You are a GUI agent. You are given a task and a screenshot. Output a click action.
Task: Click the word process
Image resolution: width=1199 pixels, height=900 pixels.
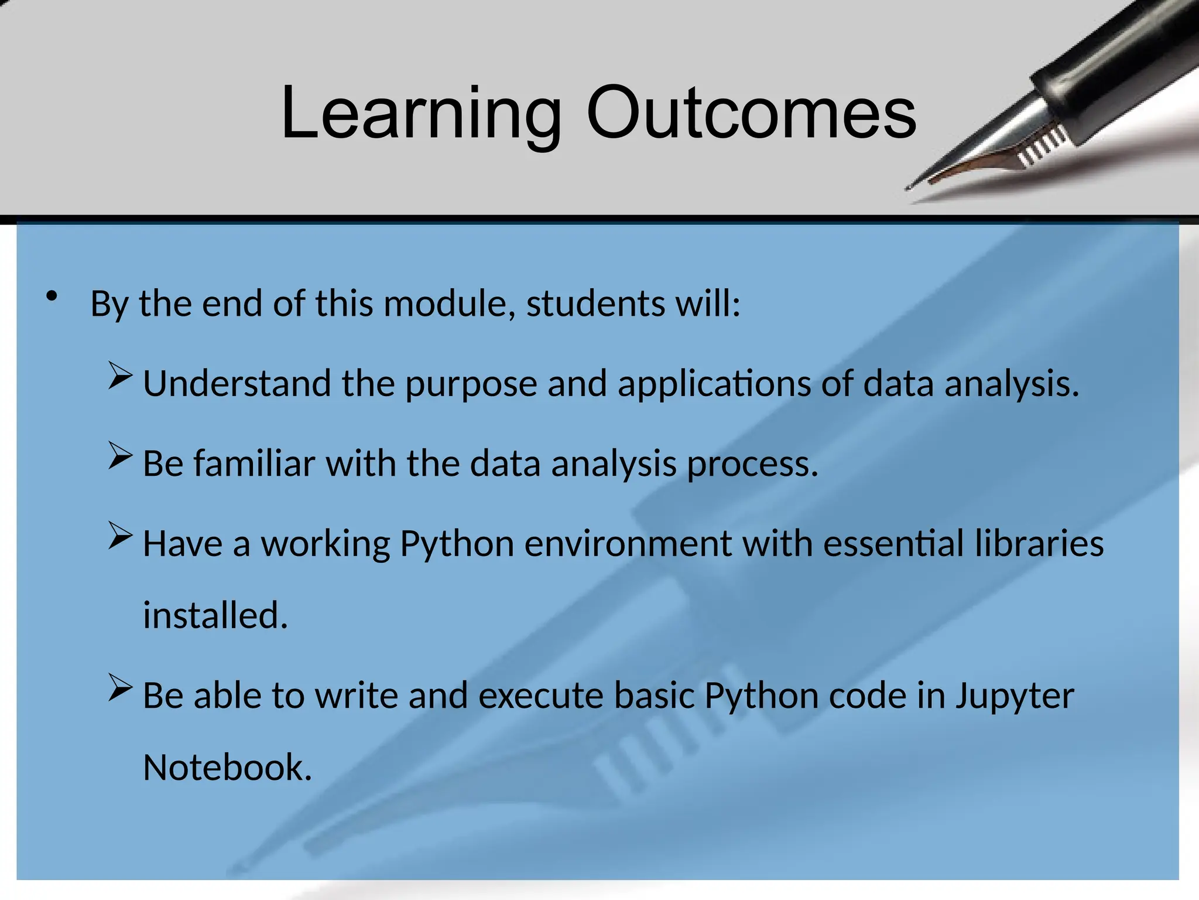point(752,465)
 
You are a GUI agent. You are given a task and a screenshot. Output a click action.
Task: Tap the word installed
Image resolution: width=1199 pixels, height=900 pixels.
point(215,616)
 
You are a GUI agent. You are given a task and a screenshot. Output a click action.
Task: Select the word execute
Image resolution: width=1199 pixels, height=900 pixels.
point(540,696)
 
